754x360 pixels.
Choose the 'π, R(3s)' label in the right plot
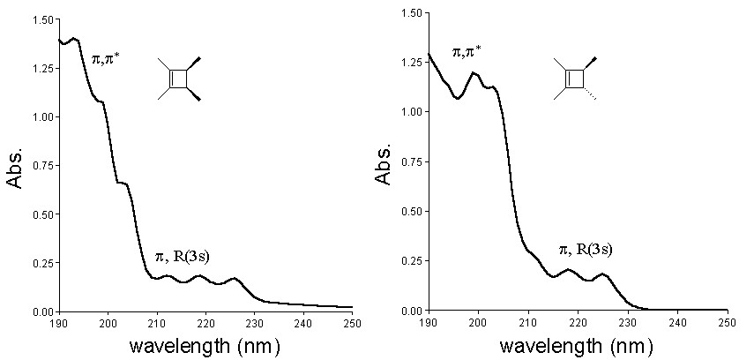586,250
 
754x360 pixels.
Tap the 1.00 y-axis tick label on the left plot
41,117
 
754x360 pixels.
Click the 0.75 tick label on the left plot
41,166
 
